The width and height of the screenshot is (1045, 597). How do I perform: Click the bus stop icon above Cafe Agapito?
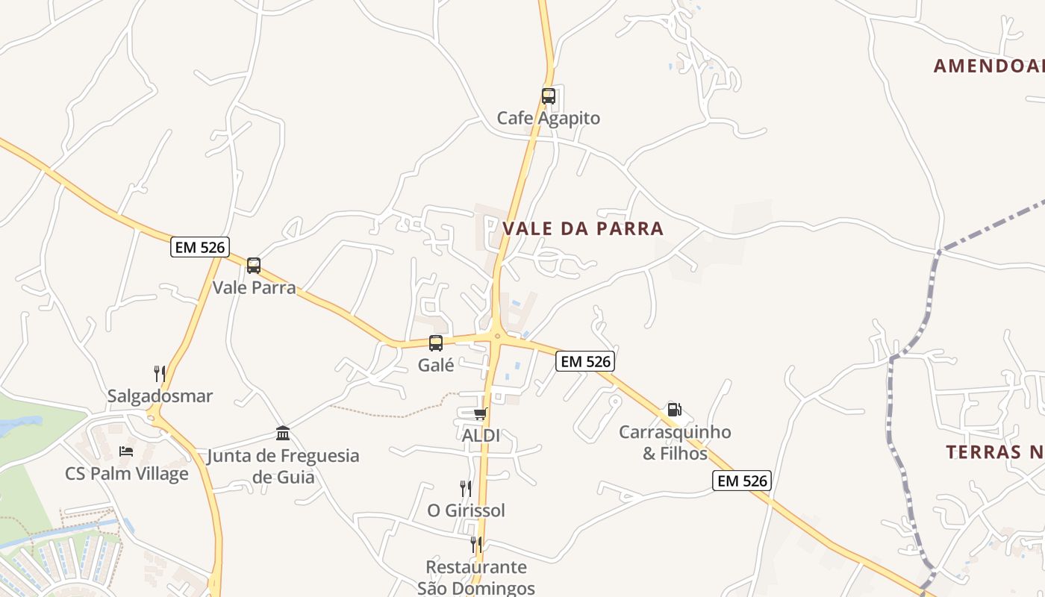(549, 96)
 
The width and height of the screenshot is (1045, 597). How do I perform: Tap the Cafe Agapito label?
(549, 118)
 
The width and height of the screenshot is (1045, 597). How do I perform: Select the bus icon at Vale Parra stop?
(254, 266)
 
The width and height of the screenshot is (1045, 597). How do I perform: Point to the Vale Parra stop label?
(255, 287)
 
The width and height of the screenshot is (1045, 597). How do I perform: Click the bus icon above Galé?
(436, 343)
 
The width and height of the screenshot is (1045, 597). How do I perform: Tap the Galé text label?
(437, 365)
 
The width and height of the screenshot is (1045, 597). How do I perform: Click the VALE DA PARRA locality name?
(583, 228)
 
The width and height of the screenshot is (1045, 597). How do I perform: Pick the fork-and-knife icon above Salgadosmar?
(160, 374)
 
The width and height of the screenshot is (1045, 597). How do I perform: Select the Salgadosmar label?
(160, 396)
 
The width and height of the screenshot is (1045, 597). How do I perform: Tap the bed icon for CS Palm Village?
(126, 451)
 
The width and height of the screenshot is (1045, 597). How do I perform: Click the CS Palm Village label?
(127, 473)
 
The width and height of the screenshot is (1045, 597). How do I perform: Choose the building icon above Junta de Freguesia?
(283, 434)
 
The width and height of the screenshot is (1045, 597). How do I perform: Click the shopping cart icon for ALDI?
(480, 413)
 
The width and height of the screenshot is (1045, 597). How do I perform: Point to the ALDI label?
(481, 435)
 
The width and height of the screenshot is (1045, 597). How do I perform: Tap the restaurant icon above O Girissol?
(466, 489)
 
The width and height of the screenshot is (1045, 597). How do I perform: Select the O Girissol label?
(466, 510)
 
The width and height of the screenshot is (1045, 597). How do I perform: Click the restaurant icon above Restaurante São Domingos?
(475, 545)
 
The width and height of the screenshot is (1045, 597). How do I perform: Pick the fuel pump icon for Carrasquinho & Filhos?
(674, 410)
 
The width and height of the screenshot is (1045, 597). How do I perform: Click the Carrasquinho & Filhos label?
(675, 443)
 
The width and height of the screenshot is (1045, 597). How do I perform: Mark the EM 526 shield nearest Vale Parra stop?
(199, 247)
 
